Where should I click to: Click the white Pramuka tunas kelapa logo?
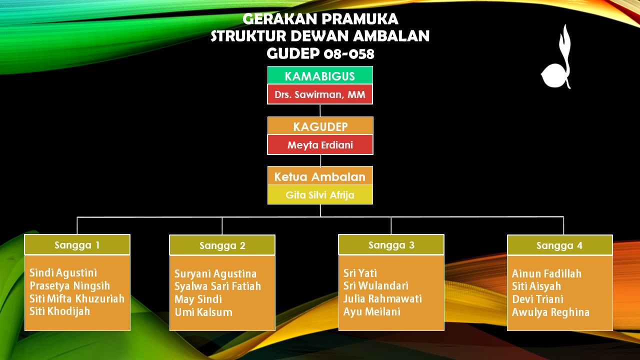click(556, 65)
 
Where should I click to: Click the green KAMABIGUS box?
click(320, 75)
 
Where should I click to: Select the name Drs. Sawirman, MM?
click(320, 94)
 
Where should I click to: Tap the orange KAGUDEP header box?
click(320, 125)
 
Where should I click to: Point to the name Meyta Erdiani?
click(320, 145)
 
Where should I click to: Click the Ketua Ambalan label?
click(320, 177)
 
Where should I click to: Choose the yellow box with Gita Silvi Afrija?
click(320, 194)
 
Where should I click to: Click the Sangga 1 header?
click(77, 245)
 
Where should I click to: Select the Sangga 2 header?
click(222, 245)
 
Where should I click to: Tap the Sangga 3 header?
click(391, 245)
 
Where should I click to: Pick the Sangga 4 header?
click(560, 245)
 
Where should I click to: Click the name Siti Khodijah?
click(59, 311)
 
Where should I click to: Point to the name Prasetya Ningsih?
click(69, 285)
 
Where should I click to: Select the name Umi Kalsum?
click(203, 312)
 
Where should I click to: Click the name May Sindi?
click(198, 299)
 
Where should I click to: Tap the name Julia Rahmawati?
click(382, 298)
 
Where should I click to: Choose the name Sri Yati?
click(360, 273)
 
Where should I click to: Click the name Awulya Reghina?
click(550, 312)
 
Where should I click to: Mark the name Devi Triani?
click(537, 299)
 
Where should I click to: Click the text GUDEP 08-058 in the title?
click(320, 53)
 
